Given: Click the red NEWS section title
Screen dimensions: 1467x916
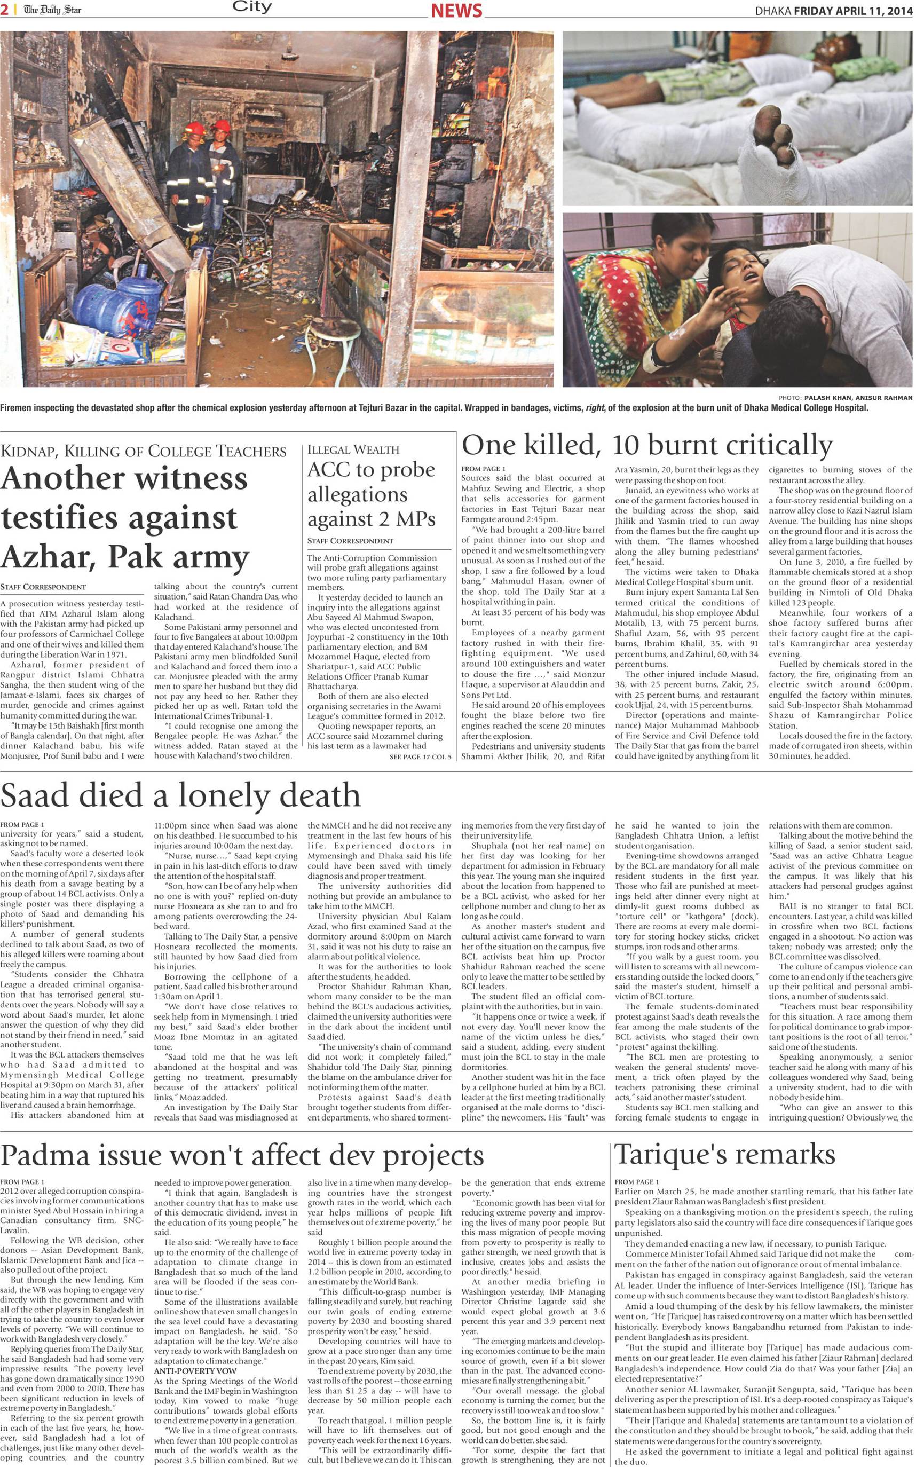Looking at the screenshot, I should (456, 10).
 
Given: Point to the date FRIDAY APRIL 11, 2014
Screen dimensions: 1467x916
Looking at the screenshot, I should (852, 10).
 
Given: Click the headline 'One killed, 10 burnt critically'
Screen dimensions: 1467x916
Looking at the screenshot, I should (646, 445).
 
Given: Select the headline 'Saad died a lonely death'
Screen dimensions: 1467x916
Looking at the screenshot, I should (180, 795).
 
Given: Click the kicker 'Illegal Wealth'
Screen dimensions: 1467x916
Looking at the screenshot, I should (353, 449).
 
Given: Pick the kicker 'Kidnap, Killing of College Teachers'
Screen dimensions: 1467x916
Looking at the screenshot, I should (144, 451).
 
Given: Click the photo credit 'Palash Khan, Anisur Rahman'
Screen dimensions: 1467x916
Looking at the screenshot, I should (858, 397).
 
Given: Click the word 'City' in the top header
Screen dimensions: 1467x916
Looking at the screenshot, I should (252, 8).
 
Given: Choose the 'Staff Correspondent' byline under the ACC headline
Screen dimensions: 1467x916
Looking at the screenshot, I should (350, 541).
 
